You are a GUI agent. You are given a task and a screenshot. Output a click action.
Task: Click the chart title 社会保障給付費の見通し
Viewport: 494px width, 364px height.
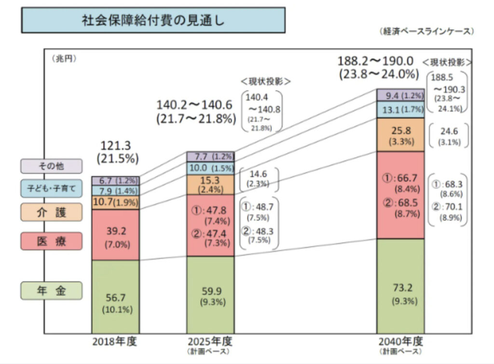coord(153,20)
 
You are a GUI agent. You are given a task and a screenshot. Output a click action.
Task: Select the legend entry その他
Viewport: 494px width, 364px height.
coord(51,166)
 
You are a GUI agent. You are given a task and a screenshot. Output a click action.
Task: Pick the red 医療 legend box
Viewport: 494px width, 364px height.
coord(51,240)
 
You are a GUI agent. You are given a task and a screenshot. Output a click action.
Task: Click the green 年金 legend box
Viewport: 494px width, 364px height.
coord(51,291)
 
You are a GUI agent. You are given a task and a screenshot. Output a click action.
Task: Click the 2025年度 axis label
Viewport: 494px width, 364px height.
coord(210,341)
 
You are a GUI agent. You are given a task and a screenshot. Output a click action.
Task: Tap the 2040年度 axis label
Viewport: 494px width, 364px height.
coord(400,341)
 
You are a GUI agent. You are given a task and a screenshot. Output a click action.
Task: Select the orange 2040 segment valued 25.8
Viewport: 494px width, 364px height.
coord(400,135)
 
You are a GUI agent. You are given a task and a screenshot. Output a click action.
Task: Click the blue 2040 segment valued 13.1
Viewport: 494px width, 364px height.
coord(400,111)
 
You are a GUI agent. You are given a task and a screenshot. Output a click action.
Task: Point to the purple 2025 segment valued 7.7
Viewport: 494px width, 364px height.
coord(210,156)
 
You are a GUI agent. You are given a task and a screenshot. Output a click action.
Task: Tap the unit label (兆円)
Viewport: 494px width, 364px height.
coord(64,59)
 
